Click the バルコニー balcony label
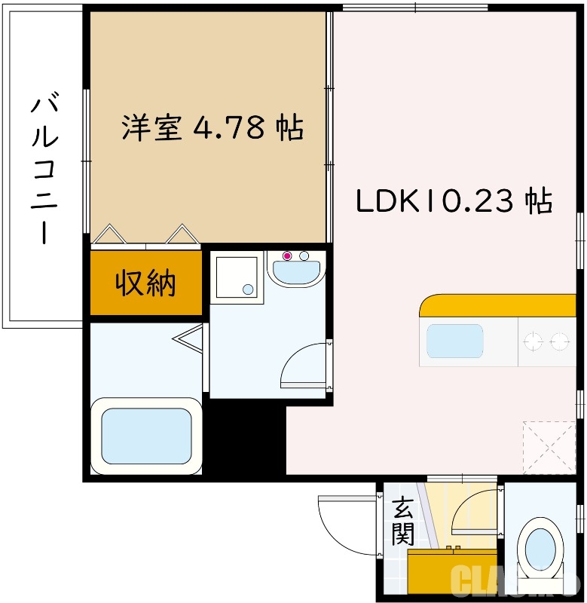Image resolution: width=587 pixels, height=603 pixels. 44,170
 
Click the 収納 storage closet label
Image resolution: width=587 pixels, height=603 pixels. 145,283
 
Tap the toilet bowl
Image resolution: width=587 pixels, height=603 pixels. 540,545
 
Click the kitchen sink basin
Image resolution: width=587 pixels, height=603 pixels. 454,341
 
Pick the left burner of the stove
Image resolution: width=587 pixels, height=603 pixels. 533,342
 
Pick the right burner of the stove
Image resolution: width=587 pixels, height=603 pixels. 560,342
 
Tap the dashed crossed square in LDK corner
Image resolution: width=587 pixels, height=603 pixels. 549,447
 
